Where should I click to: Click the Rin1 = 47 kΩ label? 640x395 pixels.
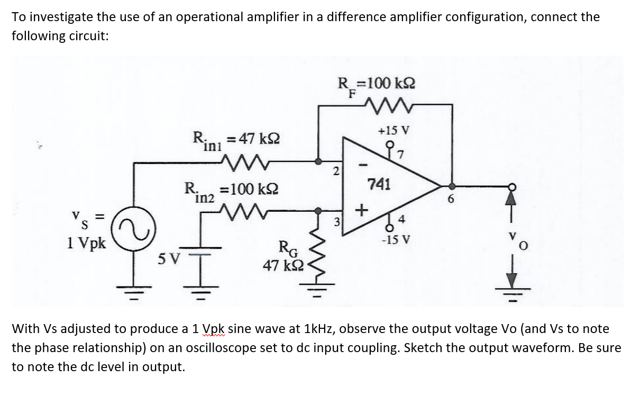point(236,139)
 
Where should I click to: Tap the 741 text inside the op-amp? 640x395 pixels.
point(379,185)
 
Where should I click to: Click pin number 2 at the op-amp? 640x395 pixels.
point(335,171)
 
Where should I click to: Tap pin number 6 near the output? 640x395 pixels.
point(450,200)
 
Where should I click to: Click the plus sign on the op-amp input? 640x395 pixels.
point(361,211)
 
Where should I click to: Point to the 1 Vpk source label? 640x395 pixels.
point(86,244)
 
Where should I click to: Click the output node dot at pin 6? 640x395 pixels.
point(452,186)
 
